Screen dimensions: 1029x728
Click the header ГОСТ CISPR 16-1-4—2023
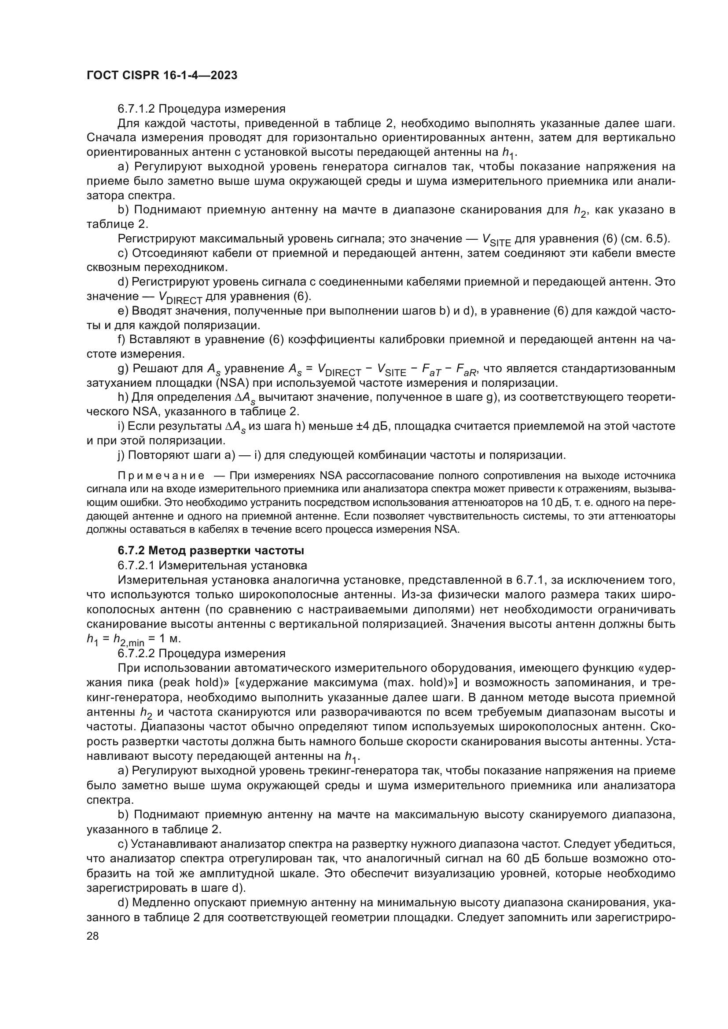click(x=162, y=76)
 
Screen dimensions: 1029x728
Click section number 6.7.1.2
click(x=136, y=109)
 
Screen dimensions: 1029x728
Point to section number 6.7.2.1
click(x=136, y=565)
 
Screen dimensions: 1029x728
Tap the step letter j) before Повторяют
click(x=121, y=455)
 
